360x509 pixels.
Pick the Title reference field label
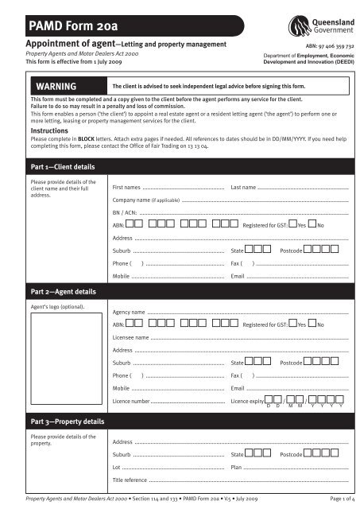pyautogui.click(x=130, y=480)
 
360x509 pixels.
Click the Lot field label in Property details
pyautogui.click(x=117, y=468)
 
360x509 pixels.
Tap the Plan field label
pyautogui.click(x=236, y=468)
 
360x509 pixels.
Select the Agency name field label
pyautogui.click(x=130, y=312)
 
